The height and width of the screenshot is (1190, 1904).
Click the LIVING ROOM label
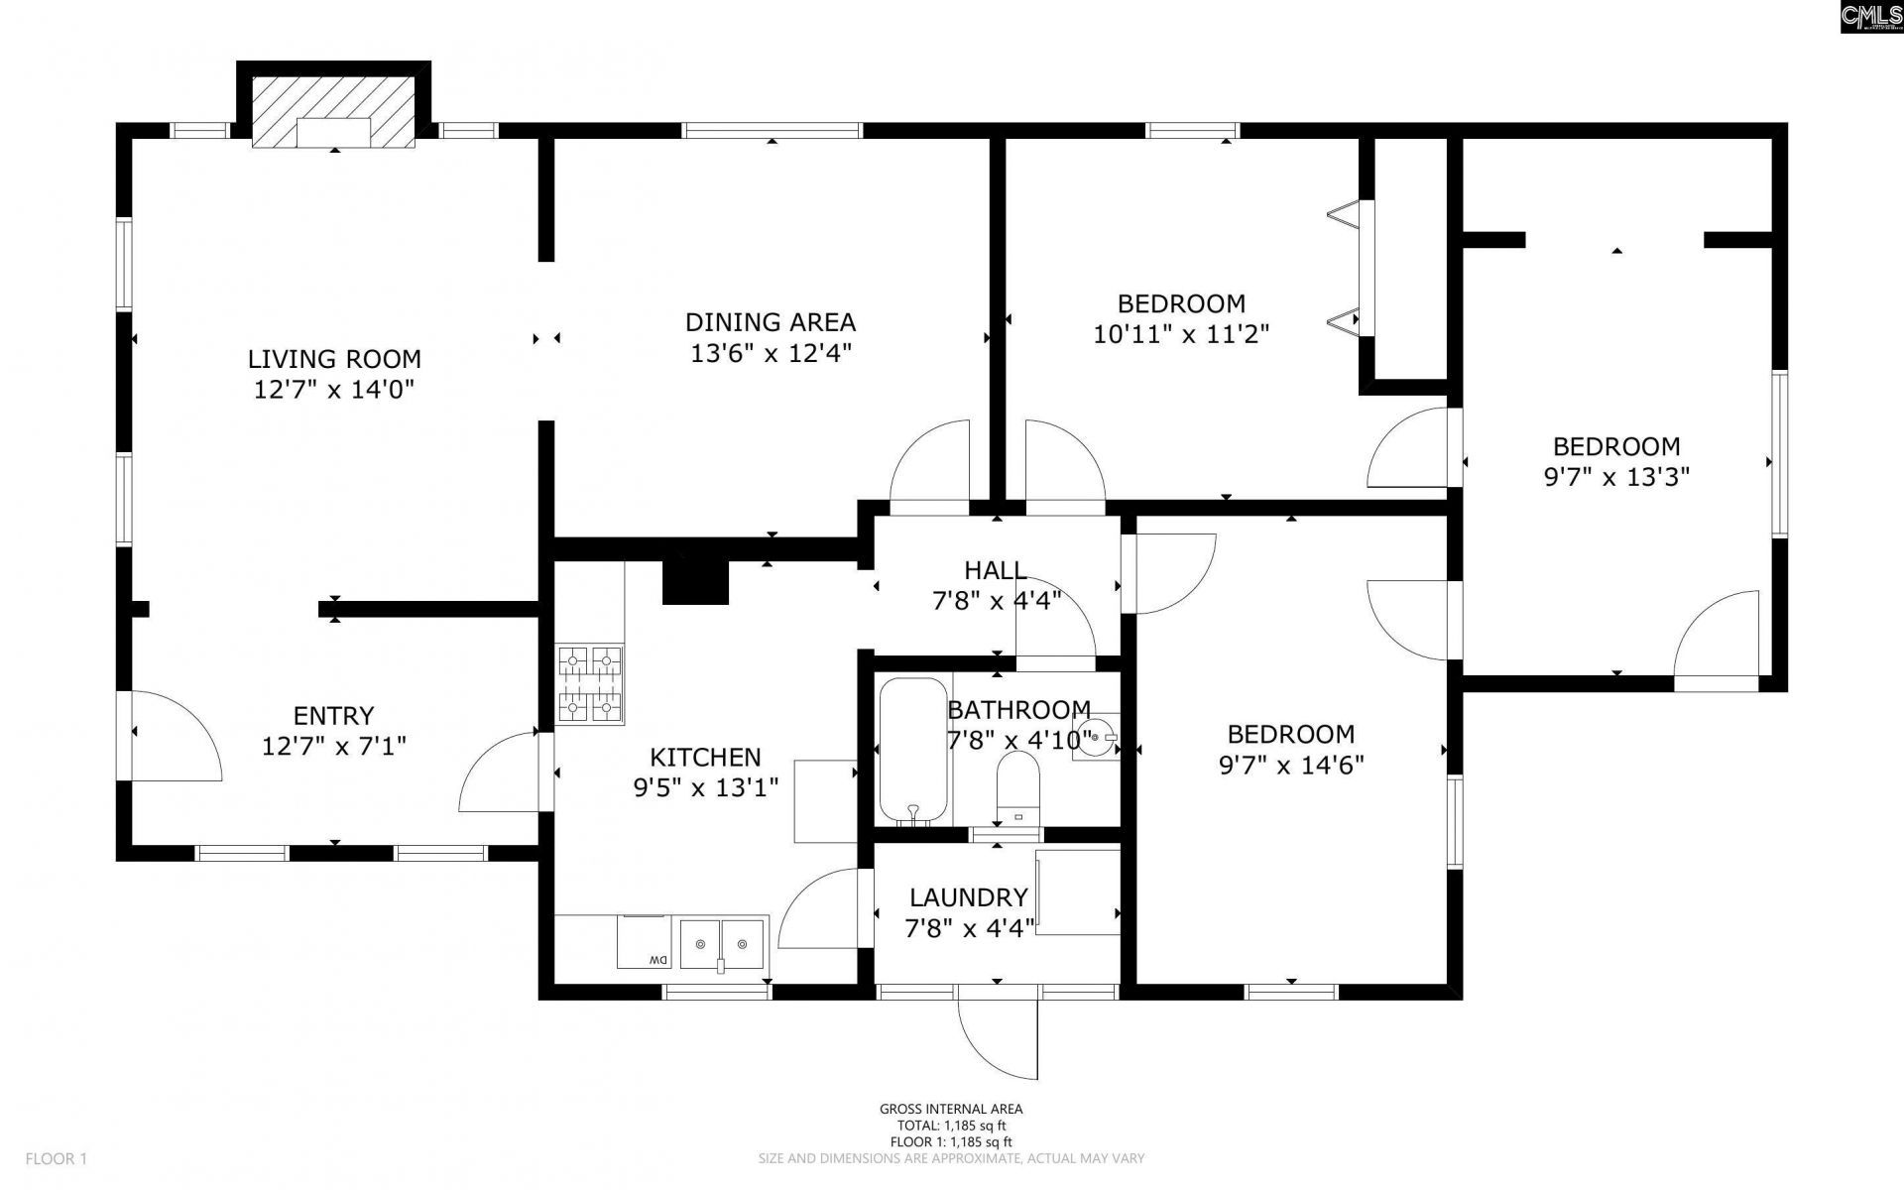pos(334,359)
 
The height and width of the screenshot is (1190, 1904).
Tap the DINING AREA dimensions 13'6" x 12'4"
pos(771,353)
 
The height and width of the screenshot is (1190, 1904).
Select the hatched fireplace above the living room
pos(333,112)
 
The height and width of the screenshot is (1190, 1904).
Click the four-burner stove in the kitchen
pos(590,683)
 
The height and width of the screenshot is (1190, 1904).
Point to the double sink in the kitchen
pos(723,942)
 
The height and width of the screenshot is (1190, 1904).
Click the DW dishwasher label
pos(657,959)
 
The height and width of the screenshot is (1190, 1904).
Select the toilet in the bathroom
pos(1017,788)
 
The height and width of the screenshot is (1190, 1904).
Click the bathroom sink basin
pos(1097,737)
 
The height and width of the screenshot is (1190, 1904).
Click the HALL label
pos(996,570)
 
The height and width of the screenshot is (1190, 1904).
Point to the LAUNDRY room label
pos(968,897)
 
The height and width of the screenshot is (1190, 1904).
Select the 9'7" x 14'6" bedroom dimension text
pos(1291,765)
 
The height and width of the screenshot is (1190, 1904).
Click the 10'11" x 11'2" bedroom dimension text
pos(1181,334)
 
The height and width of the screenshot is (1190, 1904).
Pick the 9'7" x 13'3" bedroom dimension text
pos(1616,477)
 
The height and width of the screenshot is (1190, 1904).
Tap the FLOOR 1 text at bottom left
pos(57,1158)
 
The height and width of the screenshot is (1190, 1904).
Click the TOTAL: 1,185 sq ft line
pos(951,1126)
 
